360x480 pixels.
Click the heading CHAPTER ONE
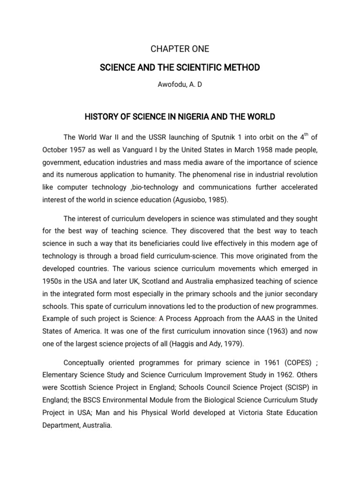point(180,49)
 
